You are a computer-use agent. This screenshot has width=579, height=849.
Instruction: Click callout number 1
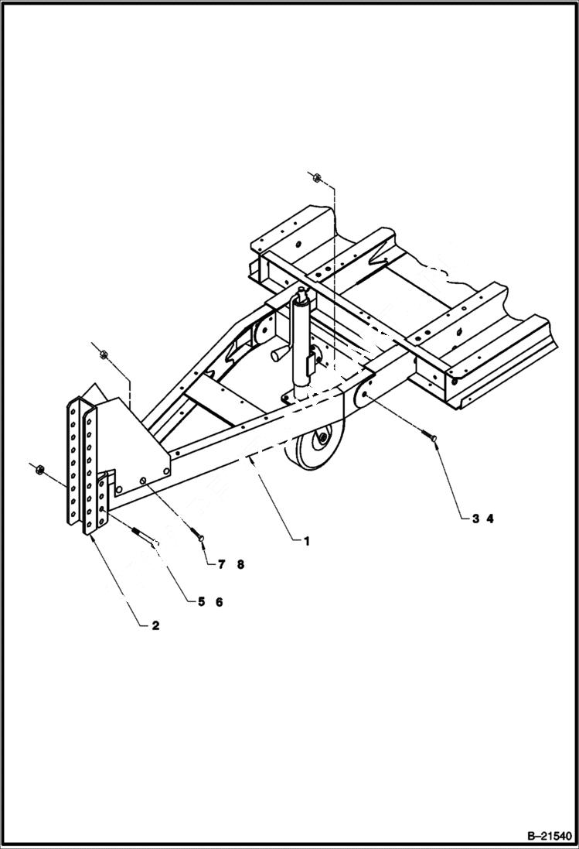coord(306,542)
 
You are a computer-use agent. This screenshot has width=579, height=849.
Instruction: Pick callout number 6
coord(219,602)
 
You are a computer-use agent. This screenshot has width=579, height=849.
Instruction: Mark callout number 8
coord(240,565)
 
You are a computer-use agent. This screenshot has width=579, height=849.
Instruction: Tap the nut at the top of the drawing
coord(315,177)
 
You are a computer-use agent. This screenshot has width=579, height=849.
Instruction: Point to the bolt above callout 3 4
coord(431,439)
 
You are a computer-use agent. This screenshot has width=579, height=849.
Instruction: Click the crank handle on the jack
coord(279,354)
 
